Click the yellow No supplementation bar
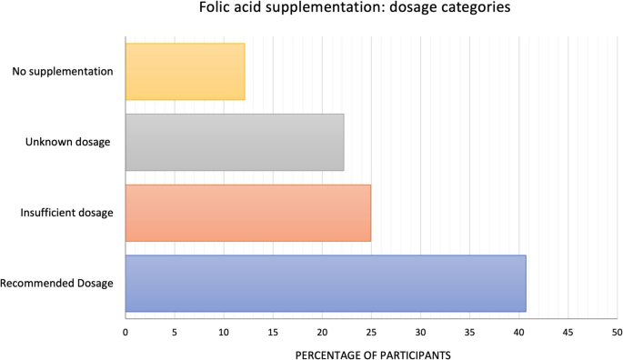[x=185, y=71]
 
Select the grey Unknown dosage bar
[x=235, y=142]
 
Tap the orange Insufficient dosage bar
[x=247, y=213]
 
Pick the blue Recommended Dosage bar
[x=325, y=284]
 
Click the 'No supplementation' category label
[x=64, y=71]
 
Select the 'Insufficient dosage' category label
[x=66, y=213]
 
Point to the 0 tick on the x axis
[x=126, y=331]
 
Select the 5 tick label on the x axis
[x=175, y=331]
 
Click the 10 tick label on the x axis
[x=224, y=331]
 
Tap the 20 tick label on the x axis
[x=322, y=331]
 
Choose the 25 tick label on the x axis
[x=371, y=331]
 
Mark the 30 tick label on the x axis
[x=420, y=331]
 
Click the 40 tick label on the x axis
[x=518, y=331]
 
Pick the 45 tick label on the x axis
[x=568, y=331]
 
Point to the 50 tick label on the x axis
[x=616, y=331]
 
